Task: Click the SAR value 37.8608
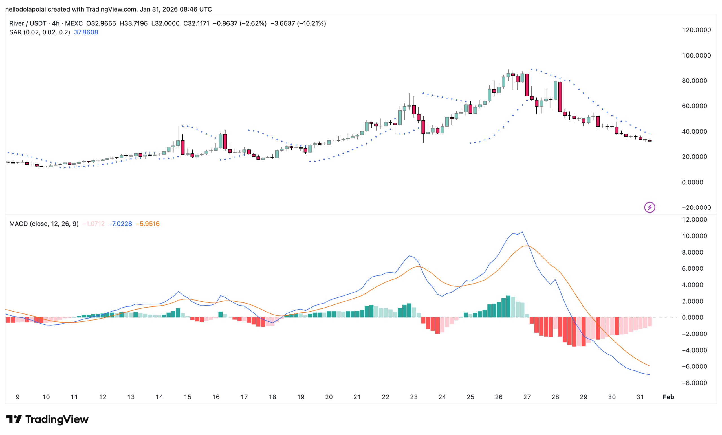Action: point(86,32)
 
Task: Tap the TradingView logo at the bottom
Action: point(47,419)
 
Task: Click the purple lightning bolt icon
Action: point(650,207)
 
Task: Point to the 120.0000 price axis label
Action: point(696,30)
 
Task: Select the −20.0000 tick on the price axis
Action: point(696,208)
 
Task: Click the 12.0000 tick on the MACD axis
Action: point(694,220)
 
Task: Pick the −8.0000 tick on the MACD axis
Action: point(694,383)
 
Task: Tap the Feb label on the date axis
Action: point(668,397)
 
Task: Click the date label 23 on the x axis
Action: point(414,397)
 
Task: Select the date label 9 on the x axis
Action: point(18,397)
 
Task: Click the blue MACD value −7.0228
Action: point(120,224)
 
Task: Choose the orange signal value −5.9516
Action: point(148,224)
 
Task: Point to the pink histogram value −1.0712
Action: point(93,224)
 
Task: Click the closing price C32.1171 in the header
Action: point(196,23)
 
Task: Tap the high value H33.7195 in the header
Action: point(134,23)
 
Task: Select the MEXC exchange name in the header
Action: point(74,23)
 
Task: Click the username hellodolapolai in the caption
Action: point(25,9)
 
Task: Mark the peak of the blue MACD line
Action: point(522,232)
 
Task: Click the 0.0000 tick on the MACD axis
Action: point(694,317)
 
